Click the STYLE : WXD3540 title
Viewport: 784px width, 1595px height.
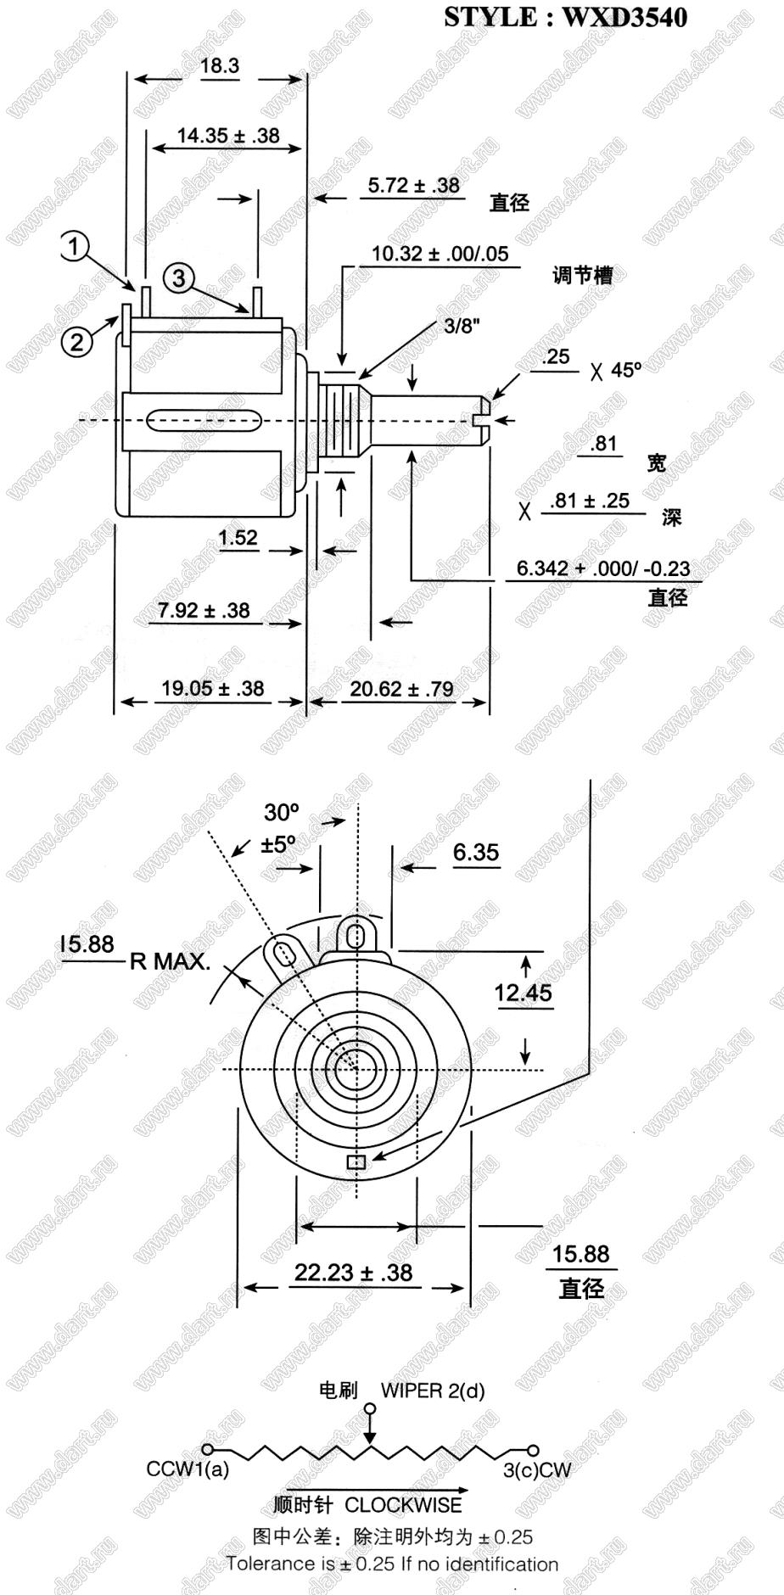coord(565,16)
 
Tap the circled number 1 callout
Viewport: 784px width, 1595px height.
coord(74,247)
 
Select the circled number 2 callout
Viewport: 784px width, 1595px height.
coord(76,342)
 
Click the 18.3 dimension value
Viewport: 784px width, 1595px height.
coord(220,66)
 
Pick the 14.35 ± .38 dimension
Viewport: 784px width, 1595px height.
coord(227,135)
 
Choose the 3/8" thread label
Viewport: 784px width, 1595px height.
coord(462,327)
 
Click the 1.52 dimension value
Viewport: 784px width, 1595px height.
coord(238,538)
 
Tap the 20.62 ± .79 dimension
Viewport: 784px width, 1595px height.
coord(401,689)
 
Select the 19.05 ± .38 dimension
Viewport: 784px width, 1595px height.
coord(213,688)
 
